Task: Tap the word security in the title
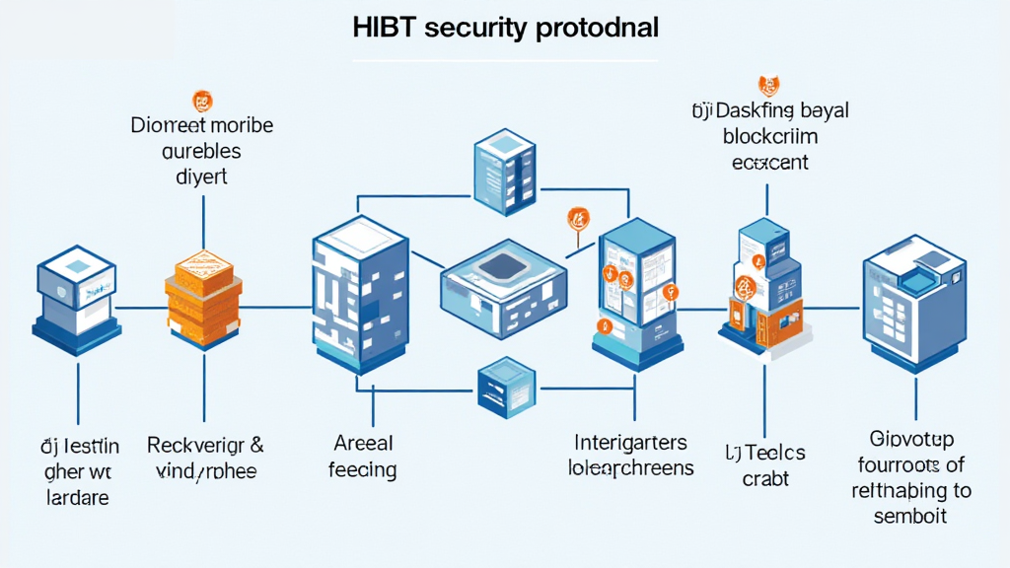pyautogui.click(x=478, y=29)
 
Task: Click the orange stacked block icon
pyautogui.click(x=201, y=295)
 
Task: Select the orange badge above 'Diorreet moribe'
pyautogui.click(x=202, y=100)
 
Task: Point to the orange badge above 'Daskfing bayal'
pyautogui.click(x=767, y=85)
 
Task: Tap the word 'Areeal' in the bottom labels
pyautogui.click(x=364, y=443)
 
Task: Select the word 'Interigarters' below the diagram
pyautogui.click(x=630, y=442)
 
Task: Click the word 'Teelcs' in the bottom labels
pyautogui.click(x=773, y=453)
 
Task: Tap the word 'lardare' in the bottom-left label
pyautogui.click(x=78, y=498)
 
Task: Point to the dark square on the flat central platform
pyautogui.click(x=503, y=265)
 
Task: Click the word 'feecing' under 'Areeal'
pyautogui.click(x=364, y=469)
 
